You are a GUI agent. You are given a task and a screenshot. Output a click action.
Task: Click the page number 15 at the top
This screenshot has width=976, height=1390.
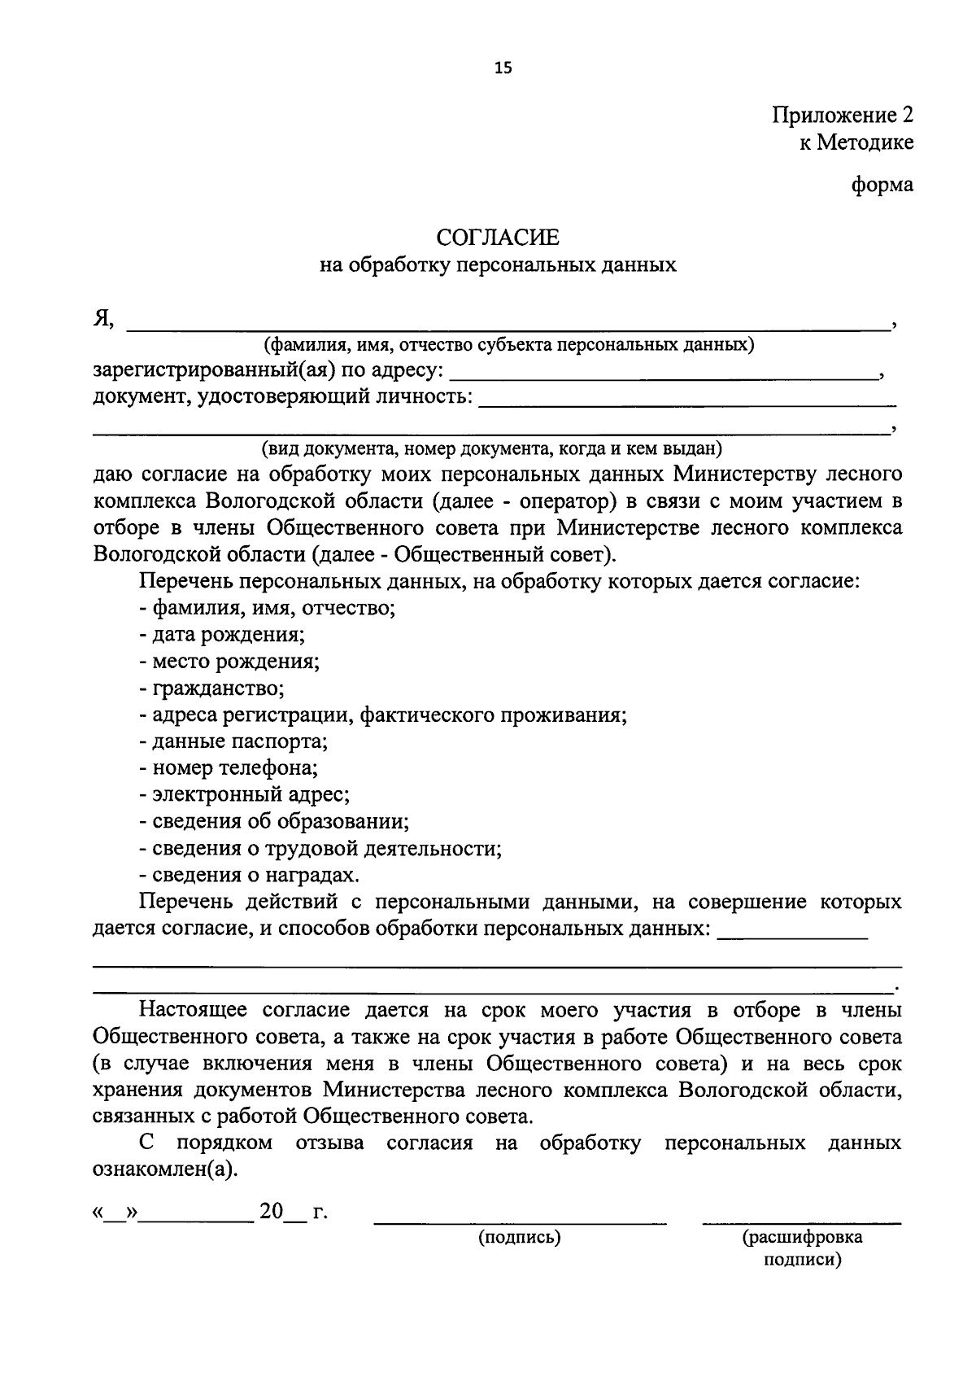[x=503, y=68]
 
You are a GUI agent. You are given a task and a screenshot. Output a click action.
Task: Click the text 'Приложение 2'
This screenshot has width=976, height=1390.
[x=843, y=115]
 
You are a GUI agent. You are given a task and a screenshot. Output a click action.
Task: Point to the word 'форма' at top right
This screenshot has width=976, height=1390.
[x=882, y=185]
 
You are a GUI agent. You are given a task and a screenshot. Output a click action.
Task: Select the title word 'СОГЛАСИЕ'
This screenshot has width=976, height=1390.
[x=498, y=238]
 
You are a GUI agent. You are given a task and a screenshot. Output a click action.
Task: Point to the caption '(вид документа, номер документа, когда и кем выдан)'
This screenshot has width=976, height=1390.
[x=491, y=448]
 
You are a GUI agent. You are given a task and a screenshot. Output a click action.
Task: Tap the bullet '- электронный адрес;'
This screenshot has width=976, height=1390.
[x=244, y=794]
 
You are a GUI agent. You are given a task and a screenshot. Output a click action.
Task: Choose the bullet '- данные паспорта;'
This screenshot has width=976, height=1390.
[x=233, y=741]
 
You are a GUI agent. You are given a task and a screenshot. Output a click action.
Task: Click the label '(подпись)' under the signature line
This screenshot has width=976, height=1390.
[x=519, y=1238]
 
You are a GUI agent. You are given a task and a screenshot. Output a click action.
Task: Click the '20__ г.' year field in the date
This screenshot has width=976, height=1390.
[x=291, y=1213]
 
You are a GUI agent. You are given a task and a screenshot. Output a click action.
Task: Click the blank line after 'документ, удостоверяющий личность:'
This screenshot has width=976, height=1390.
[x=687, y=401]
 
